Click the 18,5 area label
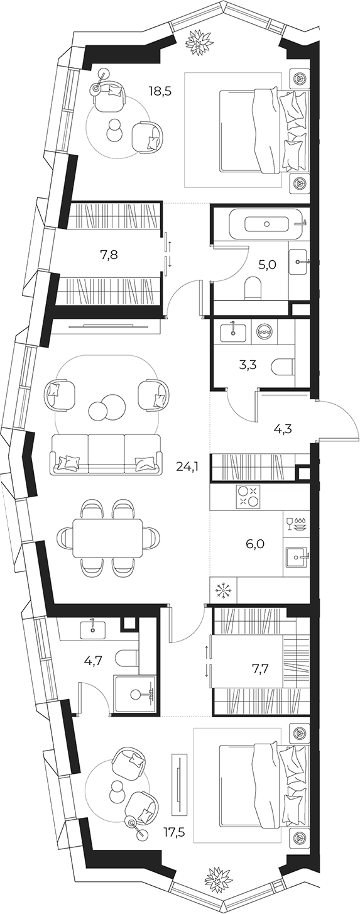(x=160, y=91)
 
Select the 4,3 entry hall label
(x=281, y=429)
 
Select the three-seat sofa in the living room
(x=106, y=454)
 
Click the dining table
(x=107, y=537)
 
